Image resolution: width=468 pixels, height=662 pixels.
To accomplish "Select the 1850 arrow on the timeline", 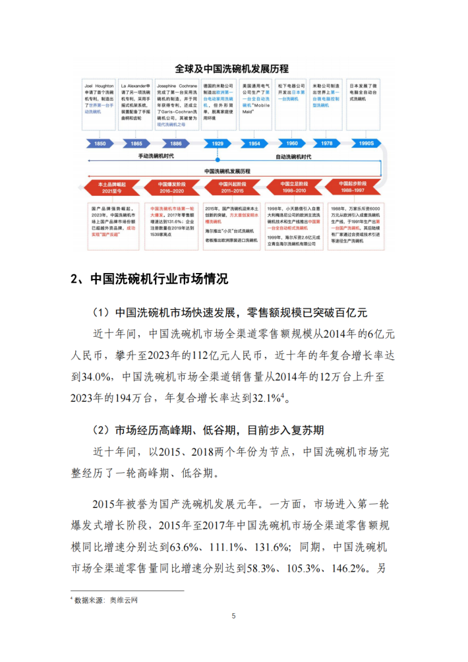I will click(100, 143).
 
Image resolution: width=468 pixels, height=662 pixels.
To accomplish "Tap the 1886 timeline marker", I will click(175, 143).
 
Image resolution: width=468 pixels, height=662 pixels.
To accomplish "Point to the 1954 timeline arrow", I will click(254, 143).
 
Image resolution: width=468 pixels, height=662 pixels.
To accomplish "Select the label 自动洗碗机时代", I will click(293, 157).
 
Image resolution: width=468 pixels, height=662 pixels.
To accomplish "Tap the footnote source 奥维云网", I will click(125, 601).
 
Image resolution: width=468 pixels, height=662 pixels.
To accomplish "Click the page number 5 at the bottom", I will click(233, 616).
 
